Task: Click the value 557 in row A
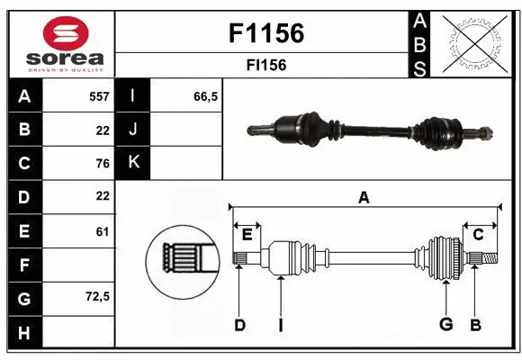click(98, 95)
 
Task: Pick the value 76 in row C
click(102, 163)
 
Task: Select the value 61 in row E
click(102, 231)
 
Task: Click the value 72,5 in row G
click(97, 296)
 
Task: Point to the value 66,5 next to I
click(206, 95)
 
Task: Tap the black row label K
click(133, 163)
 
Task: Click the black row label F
click(23, 265)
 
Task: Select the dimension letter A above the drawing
click(364, 197)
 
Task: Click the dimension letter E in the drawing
click(247, 234)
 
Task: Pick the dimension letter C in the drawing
click(478, 234)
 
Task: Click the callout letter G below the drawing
click(445, 324)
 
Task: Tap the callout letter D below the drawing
click(239, 324)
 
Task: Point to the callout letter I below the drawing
click(280, 324)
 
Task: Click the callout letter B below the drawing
click(476, 324)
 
